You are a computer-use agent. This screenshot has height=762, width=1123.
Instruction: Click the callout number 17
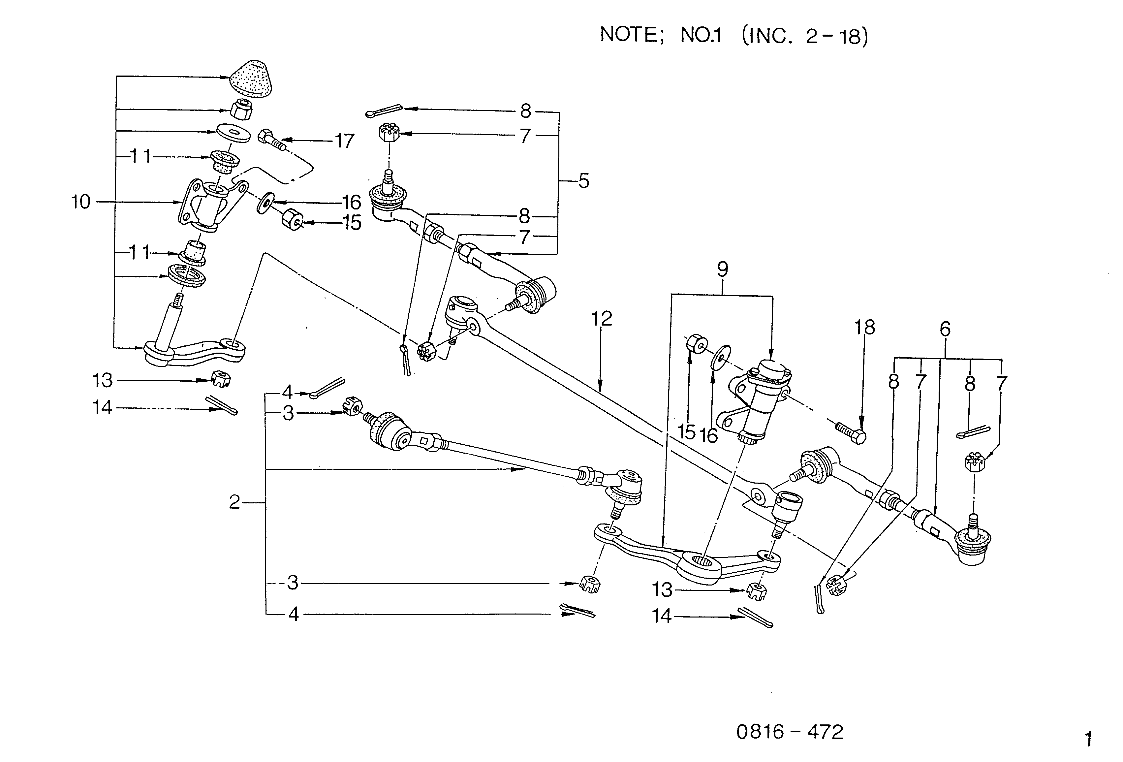(345, 141)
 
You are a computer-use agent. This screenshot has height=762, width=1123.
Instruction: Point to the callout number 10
(81, 202)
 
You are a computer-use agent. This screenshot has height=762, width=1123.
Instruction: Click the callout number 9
(722, 269)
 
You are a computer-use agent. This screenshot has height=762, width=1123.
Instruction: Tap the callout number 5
(584, 181)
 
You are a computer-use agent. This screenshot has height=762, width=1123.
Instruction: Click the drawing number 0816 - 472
(790, 732)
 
